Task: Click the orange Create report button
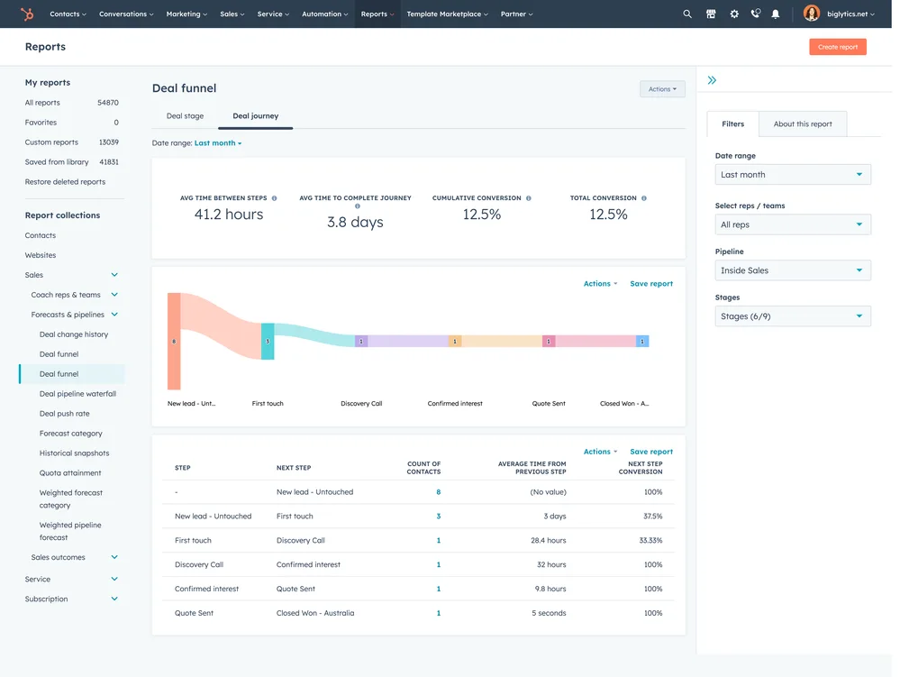(x=837, y=47)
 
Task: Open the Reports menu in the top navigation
(x=377, y=14)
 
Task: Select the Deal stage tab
(x=185, y=116)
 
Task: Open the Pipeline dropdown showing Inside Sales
(x=792, y=270)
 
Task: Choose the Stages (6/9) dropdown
(x=792, y=316)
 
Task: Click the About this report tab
(x=802, y=124)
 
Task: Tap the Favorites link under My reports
(x=41, y=123)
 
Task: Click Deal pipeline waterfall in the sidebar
(x=77, y=394)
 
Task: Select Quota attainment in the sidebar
(x=70, y=473)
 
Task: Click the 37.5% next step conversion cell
(x=651, y=517)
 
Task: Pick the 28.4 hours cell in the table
(x=549, y=541)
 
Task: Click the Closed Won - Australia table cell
(x=315, y=613)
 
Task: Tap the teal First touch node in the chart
(x=268, y=342)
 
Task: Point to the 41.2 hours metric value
(x=229, y=215)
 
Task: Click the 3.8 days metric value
(x=355, y=222)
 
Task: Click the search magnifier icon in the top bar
(x=687, y=14)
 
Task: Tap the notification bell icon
(x=776, y=14)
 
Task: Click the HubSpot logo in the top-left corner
(x=27, y=14)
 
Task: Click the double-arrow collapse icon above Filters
(x=712, y=80)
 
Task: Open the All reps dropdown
(x=792, y=224)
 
